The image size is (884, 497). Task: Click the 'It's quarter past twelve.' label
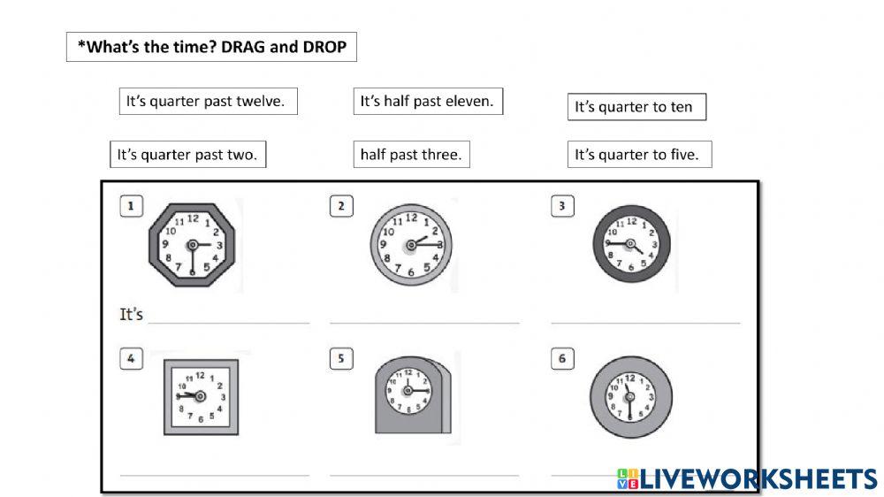[208, 102]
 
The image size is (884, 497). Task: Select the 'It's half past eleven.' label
[427, 102]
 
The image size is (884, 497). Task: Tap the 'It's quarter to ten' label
[636, 108]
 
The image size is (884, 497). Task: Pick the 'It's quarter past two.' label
[187, 155]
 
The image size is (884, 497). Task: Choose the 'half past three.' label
[411, 155]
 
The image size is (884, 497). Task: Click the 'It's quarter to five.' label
[638, 155]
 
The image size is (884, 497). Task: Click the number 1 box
[131, 207]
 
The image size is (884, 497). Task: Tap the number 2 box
[341, 207]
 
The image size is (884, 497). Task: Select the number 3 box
[561, 207]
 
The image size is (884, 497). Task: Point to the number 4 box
[131, 359]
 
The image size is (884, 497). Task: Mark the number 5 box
[341, 359]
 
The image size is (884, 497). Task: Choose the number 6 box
[561, 359]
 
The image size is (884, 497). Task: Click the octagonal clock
[192, 245]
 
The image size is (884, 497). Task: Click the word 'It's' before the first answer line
[131, 314]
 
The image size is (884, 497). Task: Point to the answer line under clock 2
[424, 323]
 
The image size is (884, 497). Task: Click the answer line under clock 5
[424, 475]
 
